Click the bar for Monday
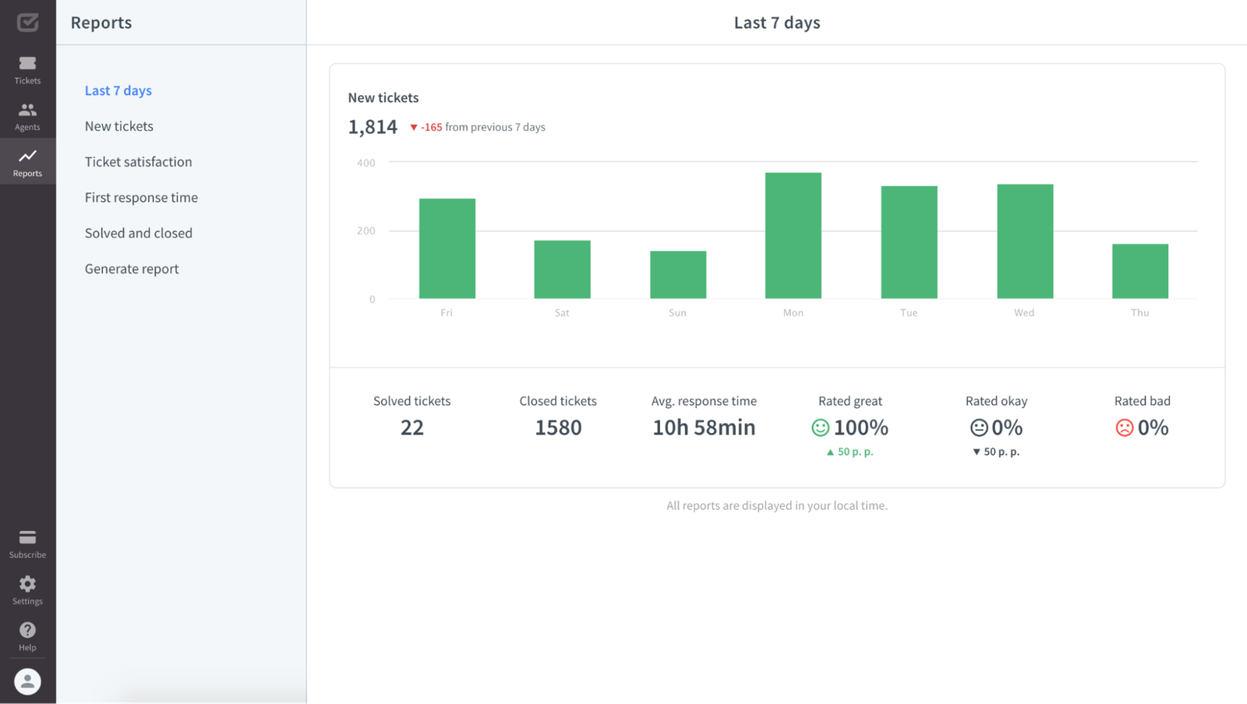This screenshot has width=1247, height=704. pos(793,235)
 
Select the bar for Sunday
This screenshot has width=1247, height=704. pos(678,274)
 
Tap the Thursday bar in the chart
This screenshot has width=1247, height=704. pos(1139,271)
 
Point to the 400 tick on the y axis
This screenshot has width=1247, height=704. pos(366,163)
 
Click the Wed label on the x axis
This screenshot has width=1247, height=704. pos(1024,312)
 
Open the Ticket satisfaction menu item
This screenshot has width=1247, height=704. pos(138,162)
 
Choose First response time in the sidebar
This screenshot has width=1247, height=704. pos(141,198)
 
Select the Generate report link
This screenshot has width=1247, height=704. pos(132,269)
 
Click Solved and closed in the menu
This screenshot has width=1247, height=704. pos(138,233)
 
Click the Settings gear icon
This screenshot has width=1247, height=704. pos(27,584)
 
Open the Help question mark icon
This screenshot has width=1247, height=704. pos(27,630)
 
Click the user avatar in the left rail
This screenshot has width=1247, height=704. pos(27,681)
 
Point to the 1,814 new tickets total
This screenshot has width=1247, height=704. pos(373,127)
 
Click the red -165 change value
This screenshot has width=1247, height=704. pos(431,127)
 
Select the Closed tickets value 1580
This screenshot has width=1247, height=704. pos(558,428)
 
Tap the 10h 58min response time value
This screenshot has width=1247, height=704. pos(704,428)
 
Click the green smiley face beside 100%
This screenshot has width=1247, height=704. pos(820,428)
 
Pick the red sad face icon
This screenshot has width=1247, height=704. pos(1124,428)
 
